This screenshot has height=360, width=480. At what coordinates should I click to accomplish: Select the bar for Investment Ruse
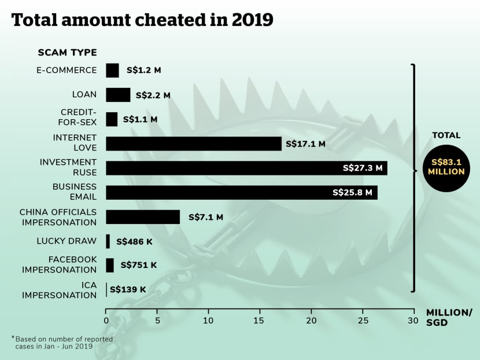pos(246,168)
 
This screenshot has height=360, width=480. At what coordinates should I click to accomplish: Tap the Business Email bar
pos(242,192)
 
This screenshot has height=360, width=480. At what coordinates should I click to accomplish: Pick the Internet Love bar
pos(194,144)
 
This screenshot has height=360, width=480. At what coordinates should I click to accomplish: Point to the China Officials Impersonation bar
pos(143,217)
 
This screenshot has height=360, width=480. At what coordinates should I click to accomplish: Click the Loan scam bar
pos(118,95)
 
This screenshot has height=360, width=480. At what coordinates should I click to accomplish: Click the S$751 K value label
pos(139,266)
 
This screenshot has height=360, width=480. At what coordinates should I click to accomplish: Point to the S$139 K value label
pos(128,289)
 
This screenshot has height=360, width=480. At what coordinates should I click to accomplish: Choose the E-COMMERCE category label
pos(68,70)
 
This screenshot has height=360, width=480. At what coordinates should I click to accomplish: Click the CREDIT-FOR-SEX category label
pos(79,119)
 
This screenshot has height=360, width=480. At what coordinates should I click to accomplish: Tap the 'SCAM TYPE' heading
pos(67,53)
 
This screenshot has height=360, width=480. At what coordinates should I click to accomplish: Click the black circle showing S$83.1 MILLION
pos(446,167)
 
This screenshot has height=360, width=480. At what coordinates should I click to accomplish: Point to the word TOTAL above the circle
pos(446,135)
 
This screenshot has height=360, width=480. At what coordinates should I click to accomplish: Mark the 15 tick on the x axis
pos(260,320)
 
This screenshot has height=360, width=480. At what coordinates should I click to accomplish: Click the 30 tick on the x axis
pos(413,320)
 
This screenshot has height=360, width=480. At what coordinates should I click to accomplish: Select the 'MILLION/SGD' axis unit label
pos(449,318)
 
